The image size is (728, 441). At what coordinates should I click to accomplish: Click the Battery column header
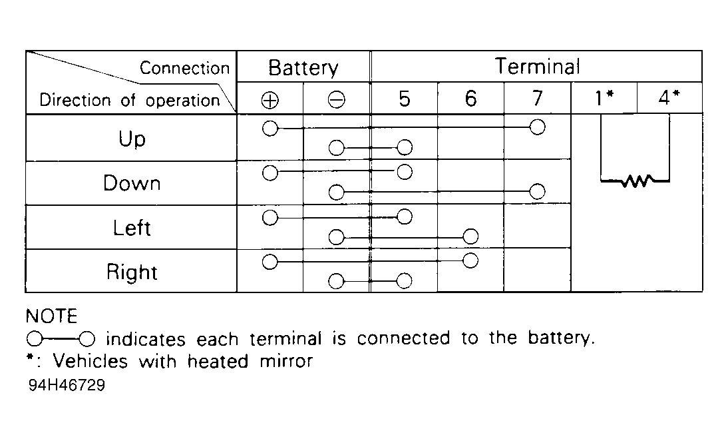(x=303, y=68)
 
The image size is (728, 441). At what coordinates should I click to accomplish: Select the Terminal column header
(x=537, y=67)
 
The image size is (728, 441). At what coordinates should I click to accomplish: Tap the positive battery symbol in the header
(x=270, y=100)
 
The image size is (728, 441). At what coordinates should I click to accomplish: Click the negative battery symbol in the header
(x=337, y=99)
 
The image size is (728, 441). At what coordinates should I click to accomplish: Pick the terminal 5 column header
(x=405, y=99)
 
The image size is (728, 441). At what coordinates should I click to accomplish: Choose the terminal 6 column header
(x=470, y=99)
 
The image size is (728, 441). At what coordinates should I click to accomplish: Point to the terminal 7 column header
(x=537, y=98)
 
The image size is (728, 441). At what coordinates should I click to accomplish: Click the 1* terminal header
(x=604, y=97)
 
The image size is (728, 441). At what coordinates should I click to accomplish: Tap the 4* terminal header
(x=669, y=97)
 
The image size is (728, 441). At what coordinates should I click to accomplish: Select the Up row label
(x=132, y=139)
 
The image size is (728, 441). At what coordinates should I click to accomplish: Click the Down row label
(x=132, y=183)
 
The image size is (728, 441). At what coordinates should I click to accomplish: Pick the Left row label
(x=132, y=228)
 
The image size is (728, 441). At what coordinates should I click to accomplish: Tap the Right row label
(x=132, y=272)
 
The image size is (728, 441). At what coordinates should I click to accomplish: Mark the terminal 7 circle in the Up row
(x=537, y=127)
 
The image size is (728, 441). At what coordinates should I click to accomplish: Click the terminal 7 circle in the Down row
(x=537, y=191)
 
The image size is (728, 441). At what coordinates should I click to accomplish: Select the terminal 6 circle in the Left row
(x=470, y=236)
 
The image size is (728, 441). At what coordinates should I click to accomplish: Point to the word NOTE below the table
(x=51, y=316)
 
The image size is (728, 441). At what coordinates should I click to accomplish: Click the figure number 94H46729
(x=67, y=385)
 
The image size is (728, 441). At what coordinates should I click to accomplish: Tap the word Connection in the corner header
(x=185, y=69)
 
